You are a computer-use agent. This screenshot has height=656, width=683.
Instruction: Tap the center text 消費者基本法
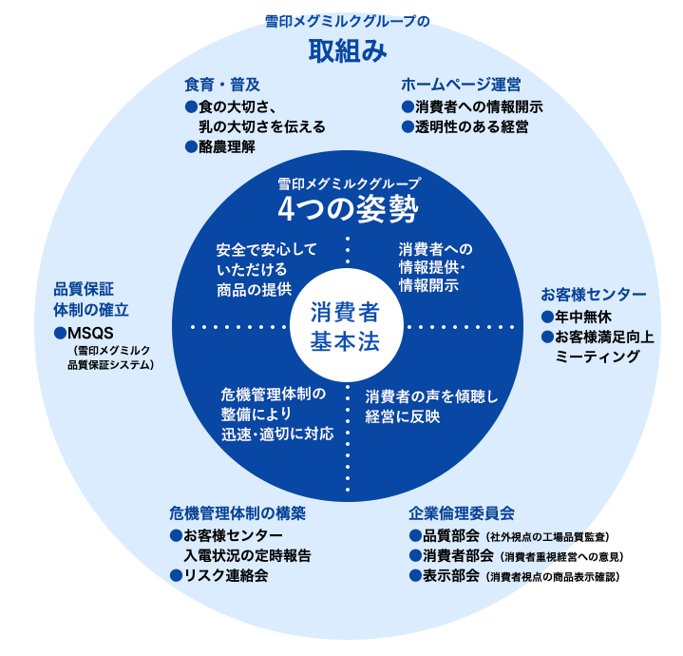tap(344, 326)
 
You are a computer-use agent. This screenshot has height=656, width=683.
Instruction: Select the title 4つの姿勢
tap(349, 206)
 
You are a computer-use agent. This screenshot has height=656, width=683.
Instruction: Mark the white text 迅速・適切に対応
tap(276, 434)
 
